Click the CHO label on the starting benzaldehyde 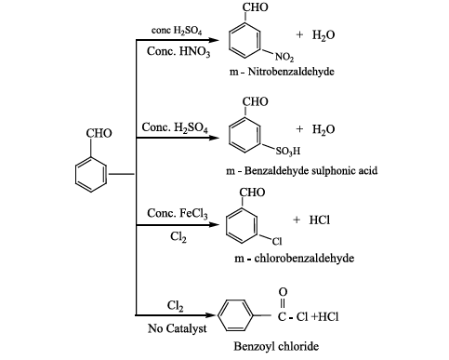click(99, 133)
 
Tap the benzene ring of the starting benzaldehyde click(76, 175)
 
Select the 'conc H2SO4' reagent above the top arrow click(177, 31)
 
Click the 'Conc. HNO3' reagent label click(178, 51)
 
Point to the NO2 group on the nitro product click(284, 57)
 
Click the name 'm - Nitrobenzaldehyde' click(282, 72)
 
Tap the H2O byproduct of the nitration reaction click(324, 34)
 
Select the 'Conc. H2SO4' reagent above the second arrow click(175, 127)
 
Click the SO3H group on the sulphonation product click(288, 151)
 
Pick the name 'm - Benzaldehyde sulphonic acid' click(302, 171)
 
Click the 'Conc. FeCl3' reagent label click(178, 213)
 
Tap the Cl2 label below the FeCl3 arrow click(178, 237)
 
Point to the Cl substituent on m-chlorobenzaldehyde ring click(277, 241)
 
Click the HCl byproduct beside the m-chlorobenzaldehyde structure click(320, 220)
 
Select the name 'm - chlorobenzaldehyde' click(294, 258)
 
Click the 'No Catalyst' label click(177, 328)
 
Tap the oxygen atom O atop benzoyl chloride click(283, 292)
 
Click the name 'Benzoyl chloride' click(276, 346)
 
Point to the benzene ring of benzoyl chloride click(218, 315)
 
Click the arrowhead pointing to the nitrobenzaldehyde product click(214, 40)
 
